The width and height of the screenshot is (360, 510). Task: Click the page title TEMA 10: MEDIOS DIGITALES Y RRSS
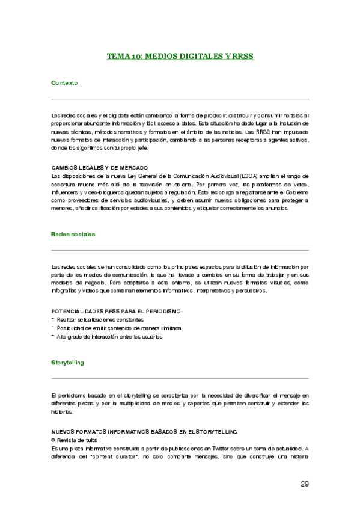(180, 56)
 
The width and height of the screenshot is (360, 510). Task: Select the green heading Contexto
(64, 82)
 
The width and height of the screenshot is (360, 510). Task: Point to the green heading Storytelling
(67, 363)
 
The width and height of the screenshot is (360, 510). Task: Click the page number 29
(304, 484)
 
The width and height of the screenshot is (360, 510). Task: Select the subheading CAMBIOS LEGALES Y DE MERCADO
(100, 167)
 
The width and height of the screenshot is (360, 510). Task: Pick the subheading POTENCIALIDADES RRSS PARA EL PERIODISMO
(117, 311)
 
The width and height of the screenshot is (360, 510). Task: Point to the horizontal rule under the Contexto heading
(180, 98)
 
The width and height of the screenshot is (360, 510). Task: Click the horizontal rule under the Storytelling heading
(180, 379)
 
